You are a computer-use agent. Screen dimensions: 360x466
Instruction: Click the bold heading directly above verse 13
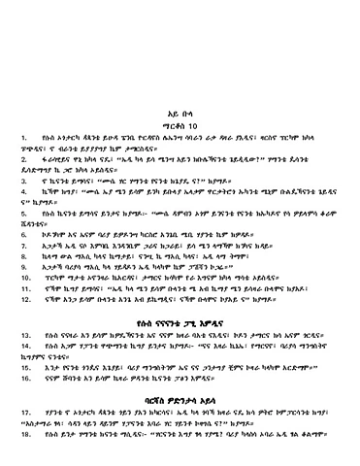(180, 321)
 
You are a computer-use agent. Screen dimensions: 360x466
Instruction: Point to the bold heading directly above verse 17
(180, 396)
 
